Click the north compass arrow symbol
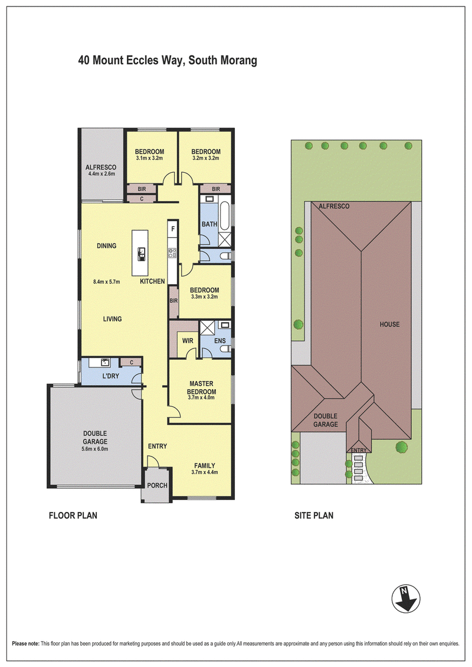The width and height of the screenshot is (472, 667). pyautogui.click(x=405, y=599)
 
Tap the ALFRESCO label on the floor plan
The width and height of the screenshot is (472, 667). pyautogui.click(x=101, y=167)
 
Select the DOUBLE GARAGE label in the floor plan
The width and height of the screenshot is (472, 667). pyautogui.click(x=95, y=438)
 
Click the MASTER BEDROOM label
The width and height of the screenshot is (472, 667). pyautogui.click(x=201, y=387)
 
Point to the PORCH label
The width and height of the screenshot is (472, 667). pyautogui.click(x=157, y=485)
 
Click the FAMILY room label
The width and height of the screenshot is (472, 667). pyautogui.click(x=205, y=466)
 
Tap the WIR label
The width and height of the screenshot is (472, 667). pyautogui.click(x=188, y=341)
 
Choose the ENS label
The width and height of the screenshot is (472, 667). pyautogui.click(x=220, y=341)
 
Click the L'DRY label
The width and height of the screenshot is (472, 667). pyautogui.click(x=111, y=376)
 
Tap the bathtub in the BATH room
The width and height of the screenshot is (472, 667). pyautogui.click(x=225, y=217)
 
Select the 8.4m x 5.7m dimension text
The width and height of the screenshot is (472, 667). pyautogui.click(x=106, y=282)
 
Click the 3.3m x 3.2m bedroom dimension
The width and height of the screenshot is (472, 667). pyautogui.click(x=204, y=297)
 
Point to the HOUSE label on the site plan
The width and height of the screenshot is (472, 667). pyautogui.click(x=389, y=324)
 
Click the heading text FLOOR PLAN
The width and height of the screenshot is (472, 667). pyautogui.click(x=73, y=515)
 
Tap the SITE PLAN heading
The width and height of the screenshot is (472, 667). pyautogui.click(x=314, y=515)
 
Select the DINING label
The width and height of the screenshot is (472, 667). pyautogui.click(x=106, y=246)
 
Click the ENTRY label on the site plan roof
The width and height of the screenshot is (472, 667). pyautogui.click(x=358, y=451)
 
